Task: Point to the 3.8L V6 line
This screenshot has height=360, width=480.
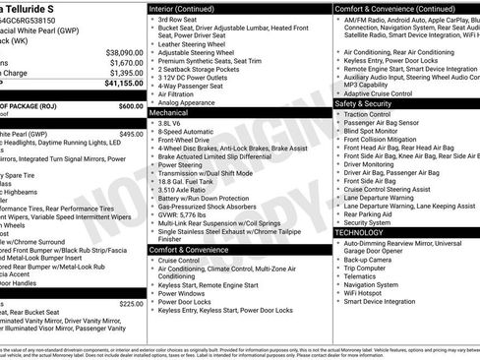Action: click(173, 125)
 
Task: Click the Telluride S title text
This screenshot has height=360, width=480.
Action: click(34, 8)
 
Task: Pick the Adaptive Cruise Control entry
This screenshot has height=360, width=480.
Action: click(380, 92)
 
